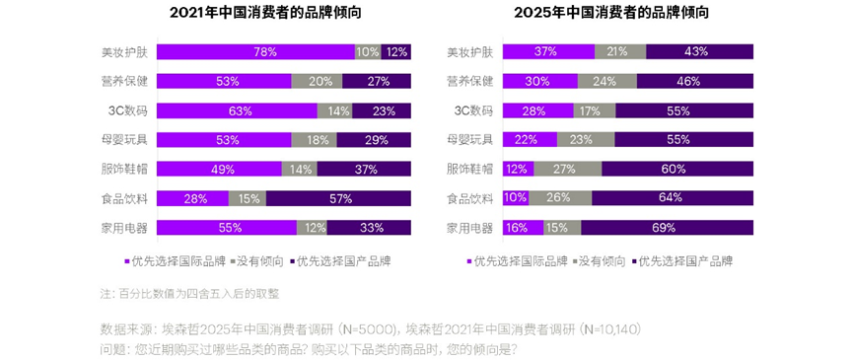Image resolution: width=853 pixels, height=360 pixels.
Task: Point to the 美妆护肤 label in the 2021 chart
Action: (123, 51)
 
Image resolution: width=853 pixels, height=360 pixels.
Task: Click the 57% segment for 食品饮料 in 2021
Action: (338, 198)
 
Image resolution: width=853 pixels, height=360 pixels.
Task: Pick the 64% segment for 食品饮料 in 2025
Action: (672, 198)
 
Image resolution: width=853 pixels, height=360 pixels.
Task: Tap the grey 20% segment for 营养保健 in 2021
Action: (319, 81)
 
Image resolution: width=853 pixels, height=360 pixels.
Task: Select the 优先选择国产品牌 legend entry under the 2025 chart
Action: (684, 261)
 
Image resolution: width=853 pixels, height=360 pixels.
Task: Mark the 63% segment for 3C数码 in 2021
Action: (237, 110)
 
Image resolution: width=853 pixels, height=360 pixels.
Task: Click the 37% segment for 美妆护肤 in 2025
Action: (548, 51)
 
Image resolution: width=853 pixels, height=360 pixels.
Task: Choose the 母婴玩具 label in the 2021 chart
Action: (123, 140)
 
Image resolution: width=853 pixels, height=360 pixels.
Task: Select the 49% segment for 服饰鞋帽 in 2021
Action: (219, 169)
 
